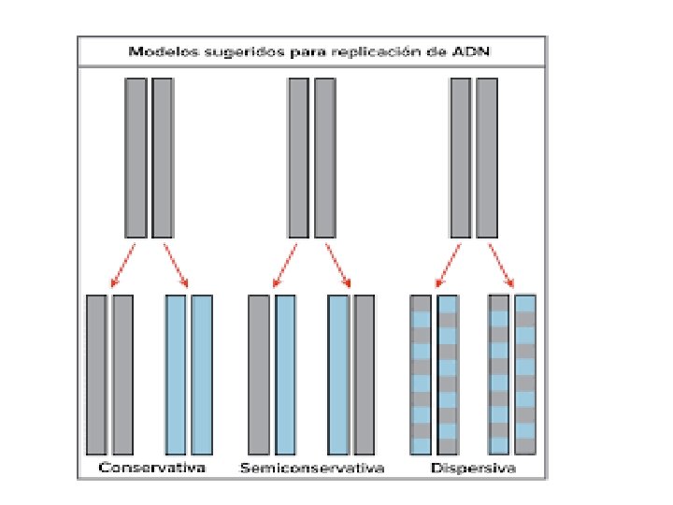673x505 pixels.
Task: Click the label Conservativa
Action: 152,466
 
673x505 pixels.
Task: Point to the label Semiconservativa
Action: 312,466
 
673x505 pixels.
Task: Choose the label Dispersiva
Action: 473,466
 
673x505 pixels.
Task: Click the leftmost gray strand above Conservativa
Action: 96,374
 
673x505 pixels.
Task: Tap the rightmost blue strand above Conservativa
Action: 202,374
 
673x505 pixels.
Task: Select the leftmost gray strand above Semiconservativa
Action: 259,374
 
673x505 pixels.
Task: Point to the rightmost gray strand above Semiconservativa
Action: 365,374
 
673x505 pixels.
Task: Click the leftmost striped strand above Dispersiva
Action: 421,374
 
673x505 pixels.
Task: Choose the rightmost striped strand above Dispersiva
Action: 526,374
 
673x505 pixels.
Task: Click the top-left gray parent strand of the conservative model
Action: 136,157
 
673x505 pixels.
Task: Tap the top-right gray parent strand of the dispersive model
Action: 487,157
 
